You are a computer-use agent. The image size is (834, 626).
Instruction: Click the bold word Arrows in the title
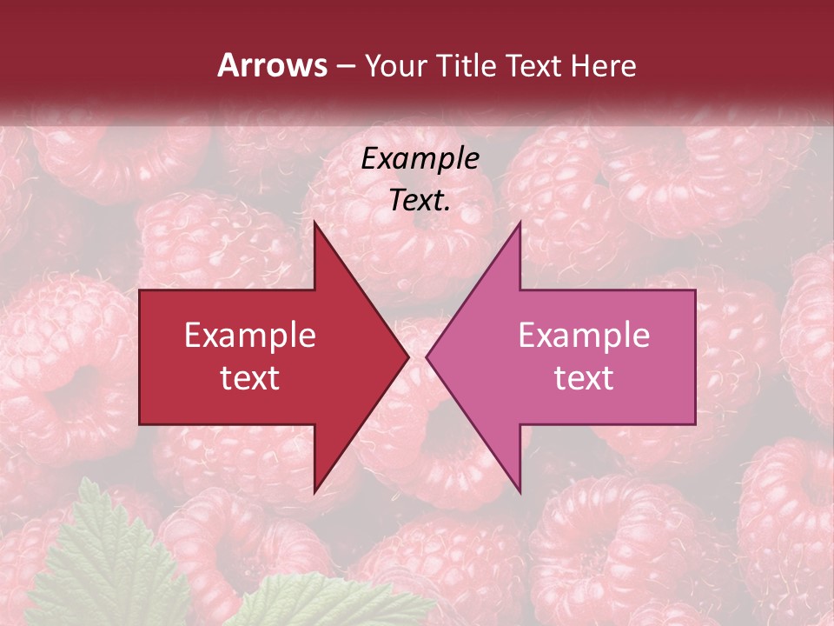272,65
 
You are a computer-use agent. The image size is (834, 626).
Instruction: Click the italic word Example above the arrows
420,159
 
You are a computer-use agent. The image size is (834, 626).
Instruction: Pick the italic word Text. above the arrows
420,200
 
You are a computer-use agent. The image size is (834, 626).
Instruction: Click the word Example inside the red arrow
250,335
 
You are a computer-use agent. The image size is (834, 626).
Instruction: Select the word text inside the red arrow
250,378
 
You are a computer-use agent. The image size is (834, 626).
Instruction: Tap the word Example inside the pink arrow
584,335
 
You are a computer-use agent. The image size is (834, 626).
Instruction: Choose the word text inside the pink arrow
584,378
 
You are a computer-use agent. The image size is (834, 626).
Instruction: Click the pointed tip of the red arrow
407,356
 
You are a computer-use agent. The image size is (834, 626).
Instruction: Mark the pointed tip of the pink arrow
427,356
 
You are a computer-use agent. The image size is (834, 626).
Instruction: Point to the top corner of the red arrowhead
315,223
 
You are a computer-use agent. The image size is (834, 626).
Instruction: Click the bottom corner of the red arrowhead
315,490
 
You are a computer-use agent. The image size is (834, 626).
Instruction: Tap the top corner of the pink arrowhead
520,223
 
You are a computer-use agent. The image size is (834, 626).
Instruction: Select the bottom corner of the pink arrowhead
520,490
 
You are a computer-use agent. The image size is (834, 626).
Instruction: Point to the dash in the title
345,66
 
